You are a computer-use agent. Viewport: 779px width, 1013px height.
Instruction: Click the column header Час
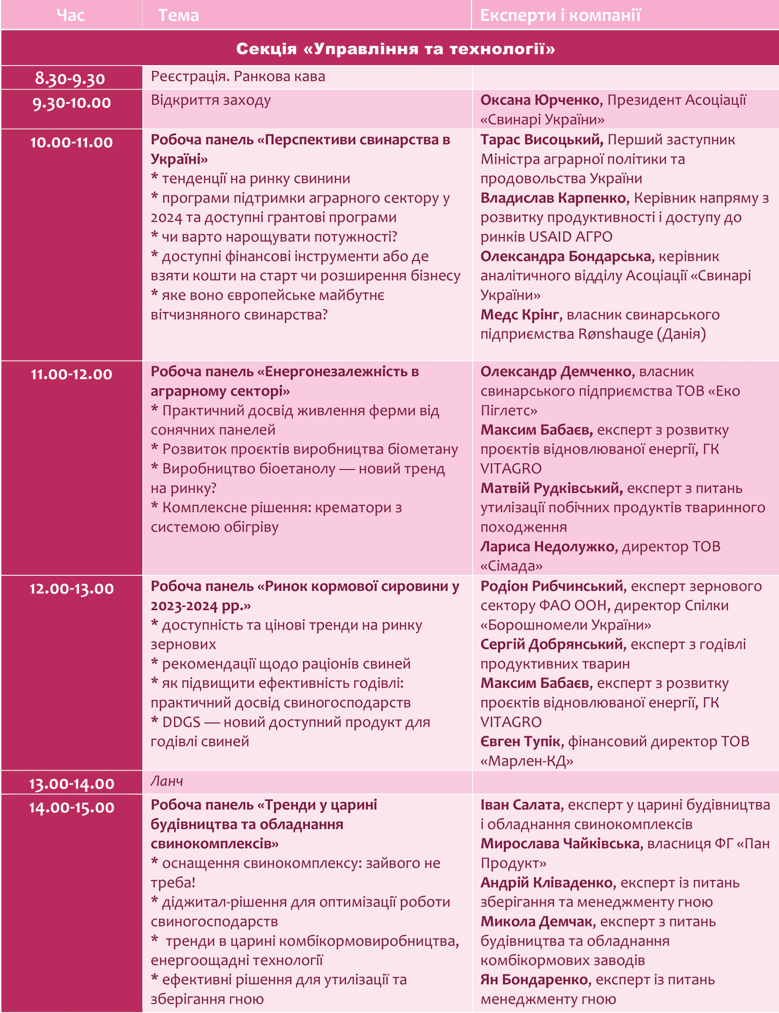coord(70,15)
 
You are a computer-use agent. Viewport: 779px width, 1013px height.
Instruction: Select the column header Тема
coord(178,15)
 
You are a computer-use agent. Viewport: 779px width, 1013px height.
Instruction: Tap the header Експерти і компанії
coord(560,15)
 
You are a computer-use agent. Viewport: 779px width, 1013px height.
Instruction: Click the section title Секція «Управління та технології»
coord(395,48)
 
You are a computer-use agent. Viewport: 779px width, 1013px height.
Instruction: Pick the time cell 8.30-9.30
coord(70,79)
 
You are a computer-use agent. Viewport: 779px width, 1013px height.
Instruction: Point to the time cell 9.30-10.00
coord(71,103)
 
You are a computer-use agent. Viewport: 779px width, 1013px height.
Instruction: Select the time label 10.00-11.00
coord(71,142)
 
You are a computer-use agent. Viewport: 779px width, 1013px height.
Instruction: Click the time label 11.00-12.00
coord(71,374)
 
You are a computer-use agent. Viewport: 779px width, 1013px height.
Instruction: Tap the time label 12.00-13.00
coord(71,589)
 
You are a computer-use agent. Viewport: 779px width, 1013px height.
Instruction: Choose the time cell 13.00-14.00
coord(71,784)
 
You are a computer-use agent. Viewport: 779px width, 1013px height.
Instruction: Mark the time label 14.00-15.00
coord(71,808)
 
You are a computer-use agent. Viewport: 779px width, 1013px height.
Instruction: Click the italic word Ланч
coord(167,781)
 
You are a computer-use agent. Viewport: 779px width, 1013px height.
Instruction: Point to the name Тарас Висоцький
coord(541,140)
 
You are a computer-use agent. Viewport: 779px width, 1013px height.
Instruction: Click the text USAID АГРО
coord(571,237)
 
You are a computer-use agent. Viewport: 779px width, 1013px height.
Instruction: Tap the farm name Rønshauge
coord(615,334)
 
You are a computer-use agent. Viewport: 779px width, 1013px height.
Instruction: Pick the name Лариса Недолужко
coord(547,547)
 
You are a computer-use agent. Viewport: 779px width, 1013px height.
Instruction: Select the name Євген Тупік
coord(520,742)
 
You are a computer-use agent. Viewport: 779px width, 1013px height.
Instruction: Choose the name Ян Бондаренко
coord(534,980)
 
